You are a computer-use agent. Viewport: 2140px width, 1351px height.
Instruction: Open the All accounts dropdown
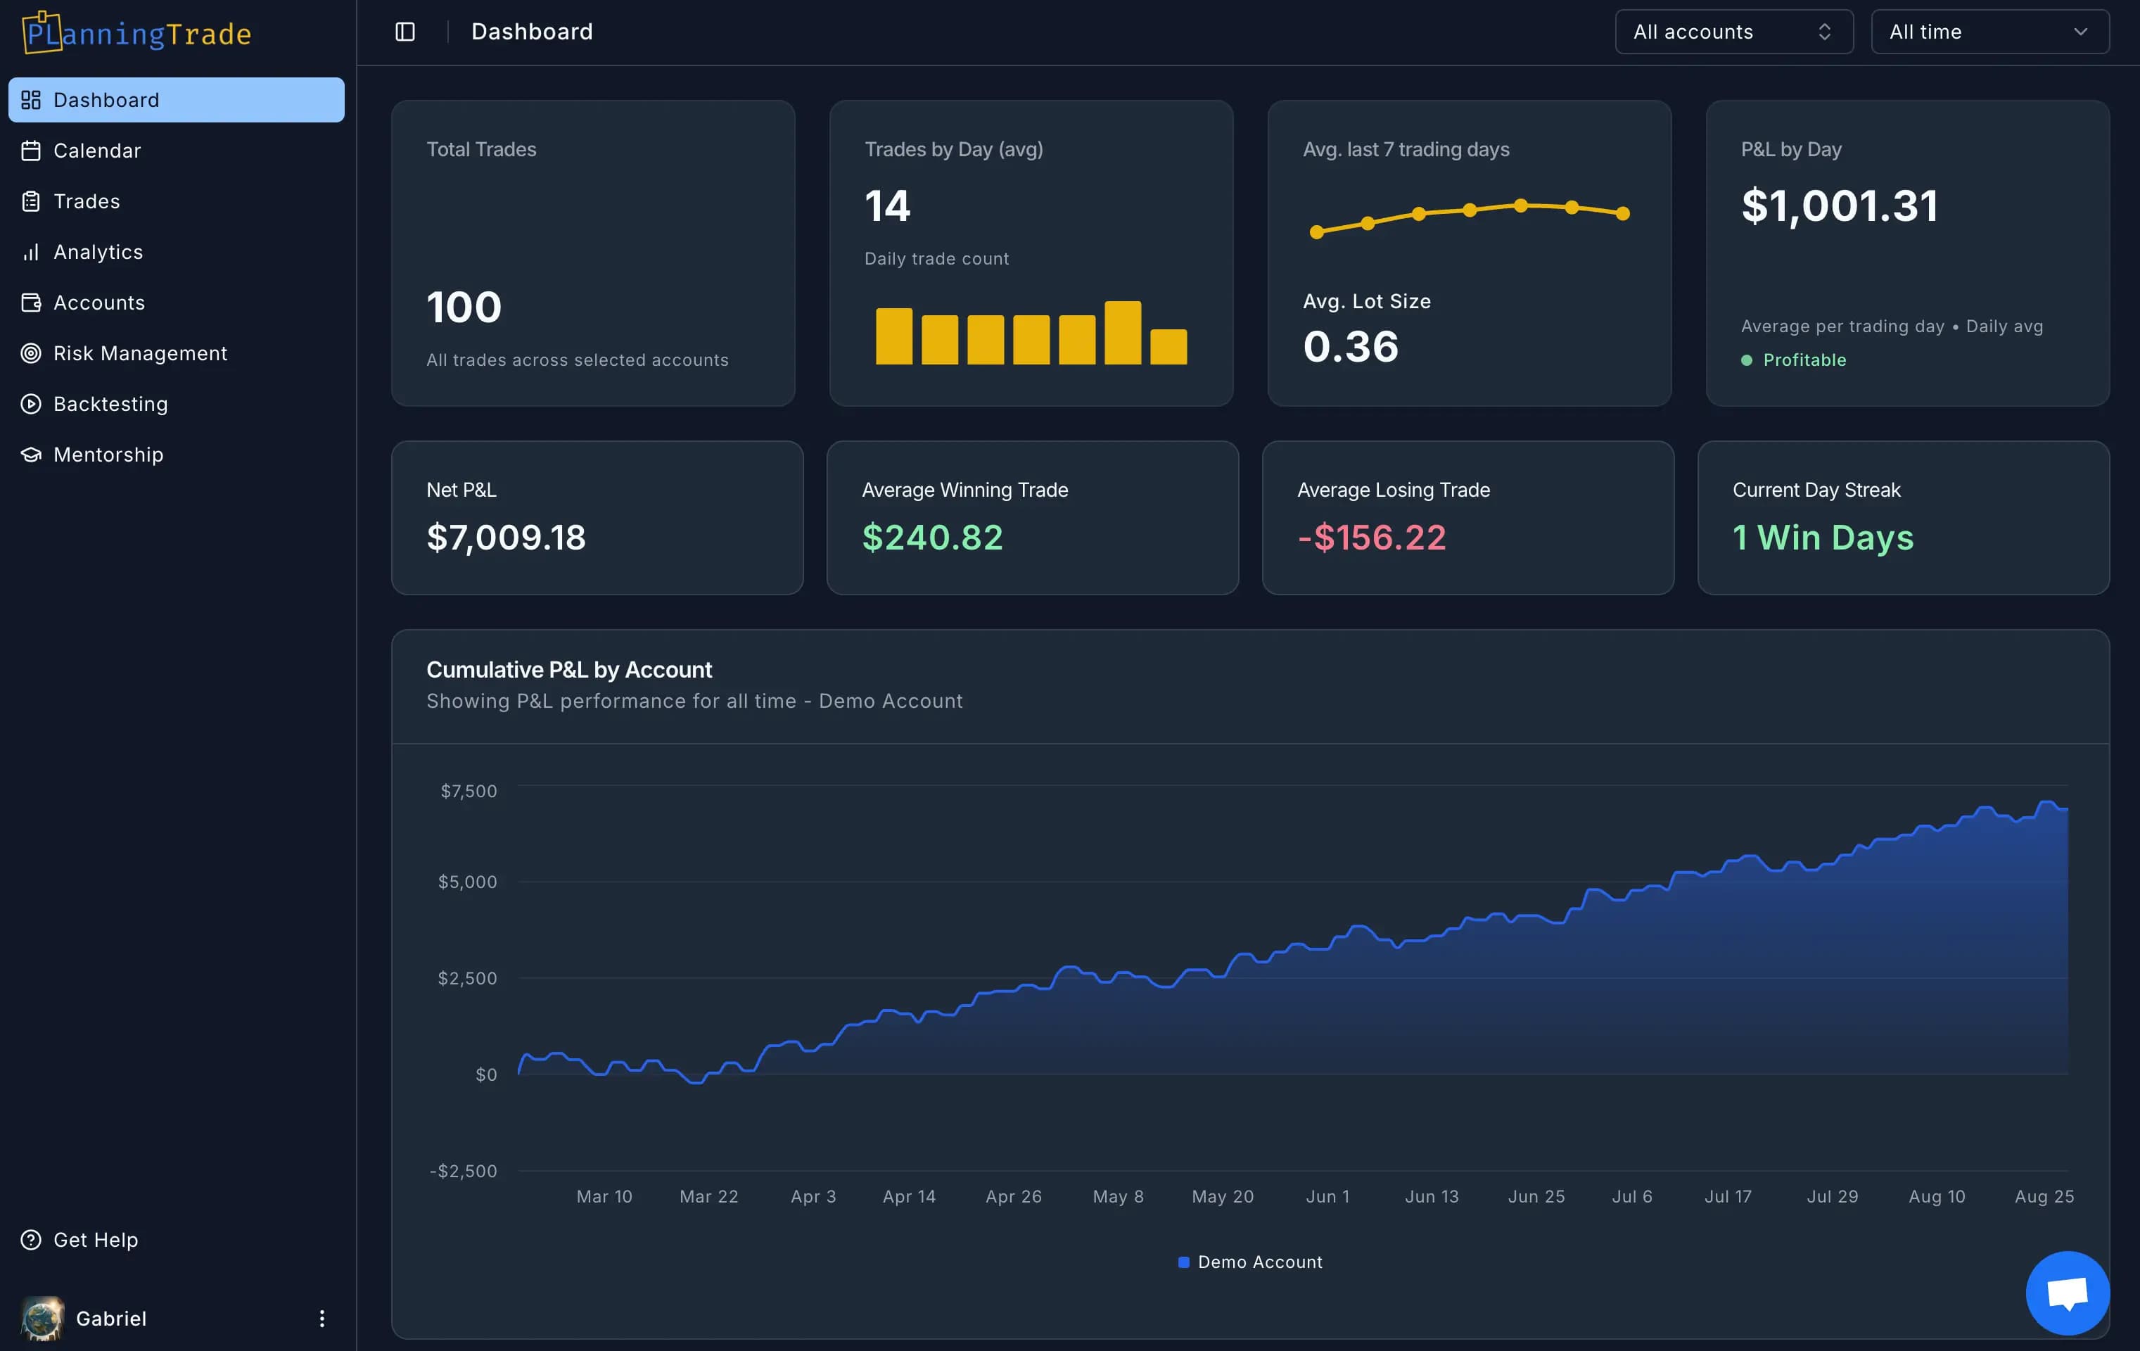pyautogui.click(x=1733, y=32)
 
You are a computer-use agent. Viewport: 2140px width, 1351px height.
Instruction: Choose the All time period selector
pyautogui.click(x=1989, y=32)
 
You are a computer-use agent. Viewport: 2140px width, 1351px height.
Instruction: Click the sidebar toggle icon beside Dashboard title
pyautogui.click(x=405, y=32)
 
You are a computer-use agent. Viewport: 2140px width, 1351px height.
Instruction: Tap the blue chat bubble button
pyautogui.click(x=2067, y=1293)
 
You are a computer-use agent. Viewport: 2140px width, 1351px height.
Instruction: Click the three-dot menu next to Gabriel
pyautogui.click(x=321, y=1318)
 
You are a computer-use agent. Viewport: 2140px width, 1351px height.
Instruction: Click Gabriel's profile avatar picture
pyautogui.click(x=42, y=1318)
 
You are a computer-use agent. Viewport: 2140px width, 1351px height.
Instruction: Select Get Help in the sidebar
pyautogui.click(x=95, y=1240)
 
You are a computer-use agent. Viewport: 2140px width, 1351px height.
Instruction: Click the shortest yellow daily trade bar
pyautogui.click(x=1168, y=347)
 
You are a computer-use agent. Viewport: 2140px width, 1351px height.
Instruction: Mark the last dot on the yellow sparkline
pyautogui.click(x=1623, y=213)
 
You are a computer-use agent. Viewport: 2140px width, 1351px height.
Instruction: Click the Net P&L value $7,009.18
pyautogui.click(x=506, y=538)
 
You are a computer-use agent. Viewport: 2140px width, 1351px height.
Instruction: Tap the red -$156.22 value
pyautogui.click(x=1371, y=538)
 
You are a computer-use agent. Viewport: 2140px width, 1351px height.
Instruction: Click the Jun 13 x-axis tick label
pyautogui.click(x=1432, y=1196)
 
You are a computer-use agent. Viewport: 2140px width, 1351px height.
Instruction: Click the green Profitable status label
pyautogui.click(x=1804, y=360)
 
